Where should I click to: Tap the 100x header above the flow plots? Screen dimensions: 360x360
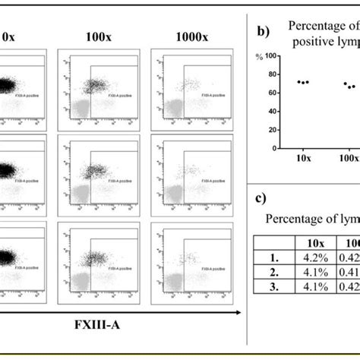click(x=98, y=36)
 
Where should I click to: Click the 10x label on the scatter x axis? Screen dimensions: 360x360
click(x=303, y=160)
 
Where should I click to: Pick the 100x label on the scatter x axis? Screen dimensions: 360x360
click(x=349, y=160)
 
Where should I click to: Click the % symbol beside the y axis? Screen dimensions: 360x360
click(x=259, y=57)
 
